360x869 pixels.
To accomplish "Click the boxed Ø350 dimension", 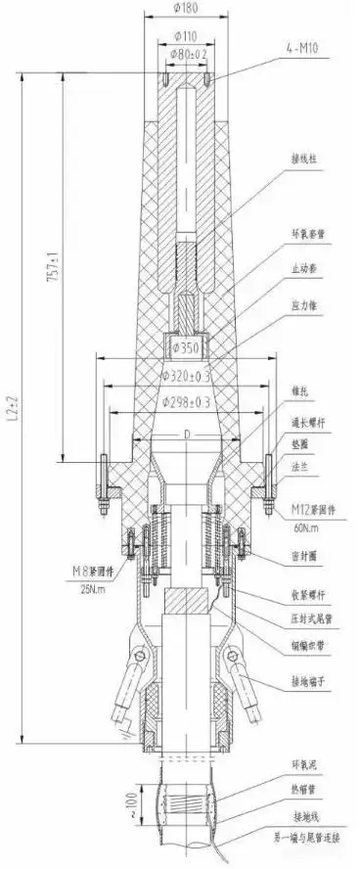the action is pos(187,345).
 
